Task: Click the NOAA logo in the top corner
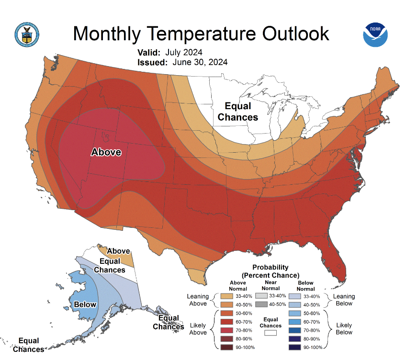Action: point(375,34)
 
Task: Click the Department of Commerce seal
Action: point(27,33)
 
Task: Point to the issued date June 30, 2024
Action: point(197,62)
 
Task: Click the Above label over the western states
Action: point(106,152)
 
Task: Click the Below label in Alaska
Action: point(85,304)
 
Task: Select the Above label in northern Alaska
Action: point(118,251)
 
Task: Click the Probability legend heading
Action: point(271,271)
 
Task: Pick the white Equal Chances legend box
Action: point(271,333)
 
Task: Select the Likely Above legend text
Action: point(198,329)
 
